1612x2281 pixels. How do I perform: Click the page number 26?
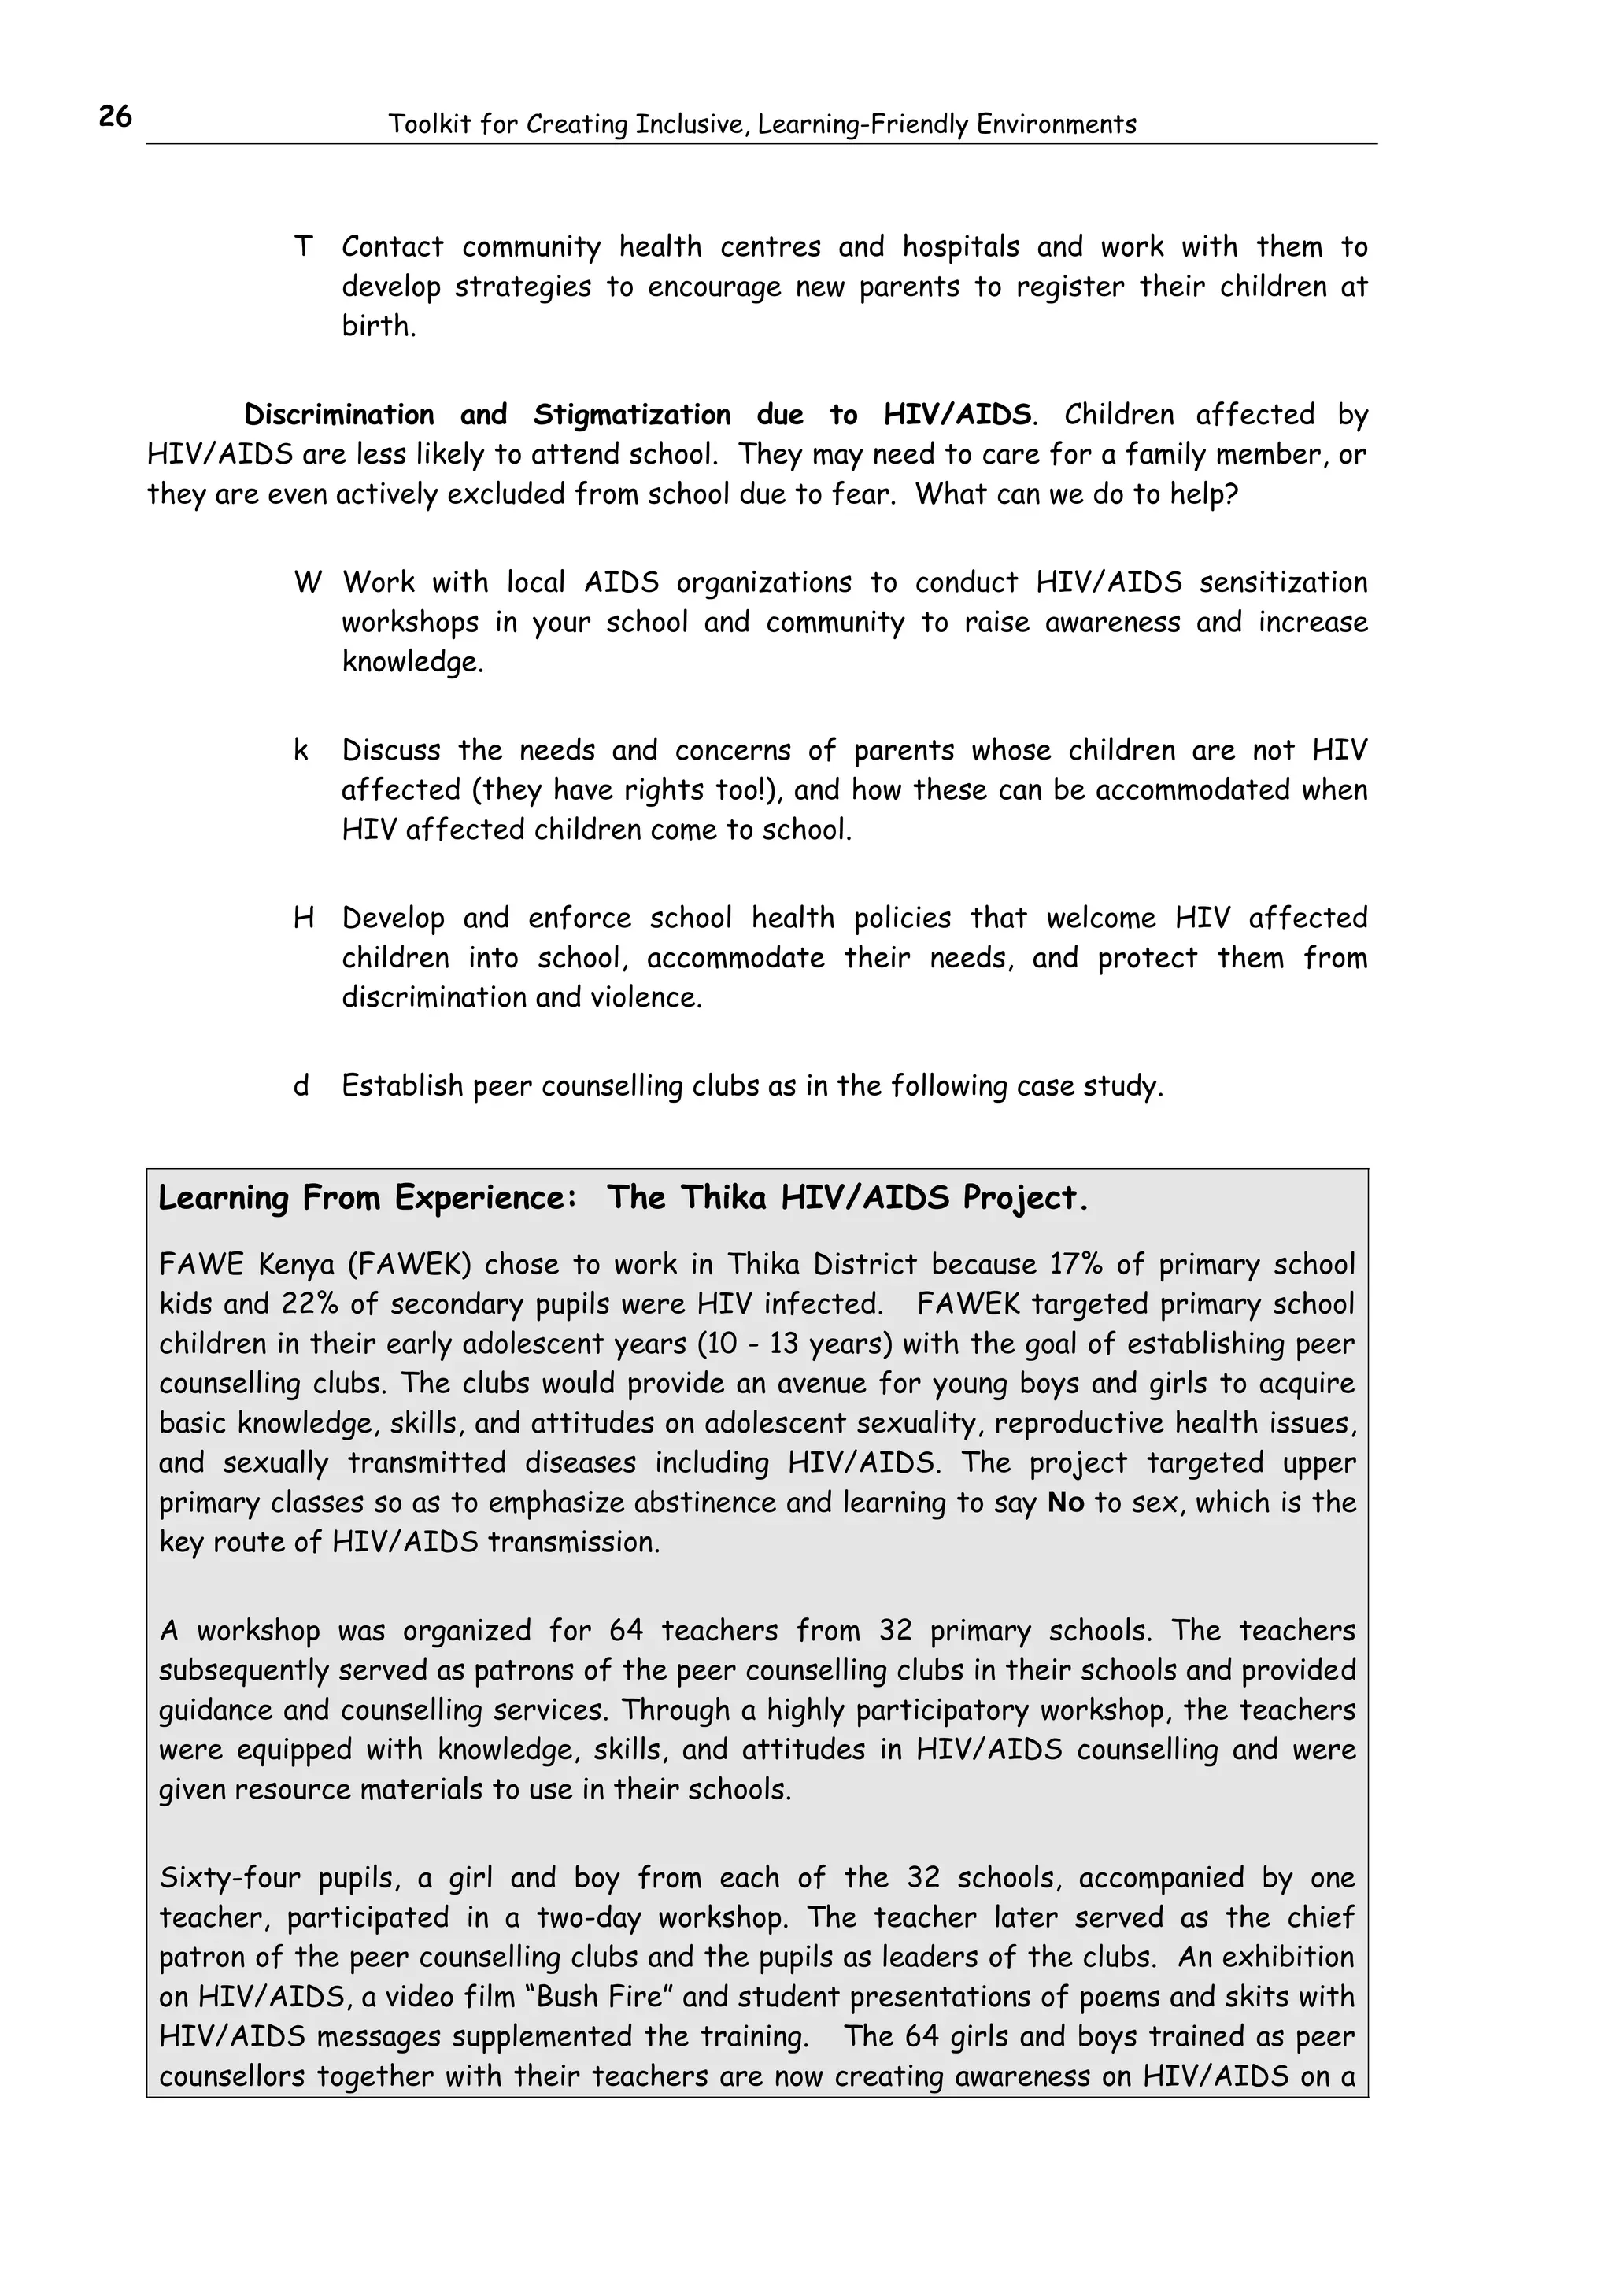(115, 117)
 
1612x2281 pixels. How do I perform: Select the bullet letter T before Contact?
(303, 246)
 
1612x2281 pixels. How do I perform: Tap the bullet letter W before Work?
(307, 582)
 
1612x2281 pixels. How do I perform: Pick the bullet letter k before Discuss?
(300, 750)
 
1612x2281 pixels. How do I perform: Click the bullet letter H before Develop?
(304, 918)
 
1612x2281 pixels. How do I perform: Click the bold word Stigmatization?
(632, 414)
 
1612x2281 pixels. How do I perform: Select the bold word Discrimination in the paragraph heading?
(338, 414)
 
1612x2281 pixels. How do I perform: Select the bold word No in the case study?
(1066, 1503)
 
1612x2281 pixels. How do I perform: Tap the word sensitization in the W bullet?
(1282, 582)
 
